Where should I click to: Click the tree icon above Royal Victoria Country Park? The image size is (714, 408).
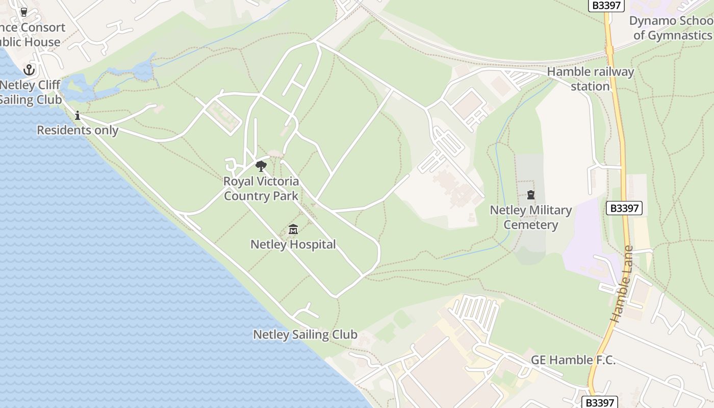(x=261, y=166)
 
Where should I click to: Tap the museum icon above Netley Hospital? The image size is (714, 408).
(x=293, y=229)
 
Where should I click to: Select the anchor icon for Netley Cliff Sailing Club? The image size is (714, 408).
(x=29, y=69)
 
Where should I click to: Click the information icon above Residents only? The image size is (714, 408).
(x=78, y=115)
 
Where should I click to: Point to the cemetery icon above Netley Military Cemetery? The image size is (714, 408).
(x=531, y=195)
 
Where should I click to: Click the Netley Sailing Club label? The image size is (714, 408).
(x=305, y=335)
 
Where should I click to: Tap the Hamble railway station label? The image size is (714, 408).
(x=590, y=79)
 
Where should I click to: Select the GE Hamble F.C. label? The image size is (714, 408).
(x=573, y=360)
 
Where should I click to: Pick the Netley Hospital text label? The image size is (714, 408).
(x=293, y=245)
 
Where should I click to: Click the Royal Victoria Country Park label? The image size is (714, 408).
(x=261, y=188)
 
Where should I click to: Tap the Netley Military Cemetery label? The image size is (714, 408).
(x=531, y=217)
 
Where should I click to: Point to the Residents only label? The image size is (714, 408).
(x=78, y=130)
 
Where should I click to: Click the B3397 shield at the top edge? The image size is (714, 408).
(x=606, y=5)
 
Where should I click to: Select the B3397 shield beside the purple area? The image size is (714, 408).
(x=624, y=208)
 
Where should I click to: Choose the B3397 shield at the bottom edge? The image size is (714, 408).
(x=600, y=402)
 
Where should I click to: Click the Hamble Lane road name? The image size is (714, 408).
(x=622, y=285)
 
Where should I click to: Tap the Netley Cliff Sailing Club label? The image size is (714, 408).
(x=31, y=92)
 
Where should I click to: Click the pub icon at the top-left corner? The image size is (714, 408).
(x=23, y=11)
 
